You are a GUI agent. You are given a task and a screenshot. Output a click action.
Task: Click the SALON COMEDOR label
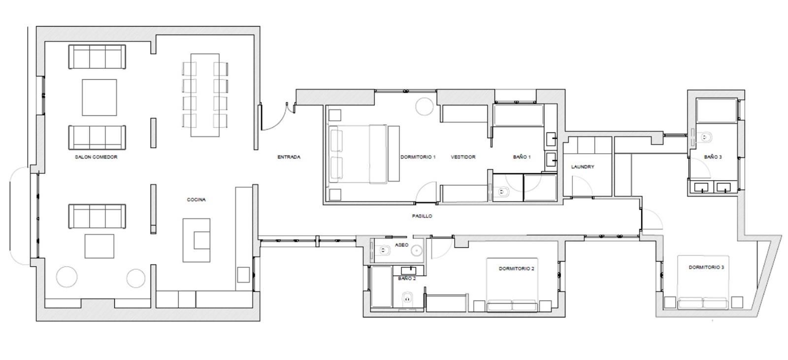[x=96, y=157]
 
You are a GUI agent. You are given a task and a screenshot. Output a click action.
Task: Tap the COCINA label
[x=197, y=199]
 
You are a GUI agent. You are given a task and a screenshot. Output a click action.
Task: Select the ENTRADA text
[x=289, y=157]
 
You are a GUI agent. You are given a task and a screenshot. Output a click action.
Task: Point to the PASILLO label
[x=422, y=216]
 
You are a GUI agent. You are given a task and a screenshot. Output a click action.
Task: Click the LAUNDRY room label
[x=583, y=167]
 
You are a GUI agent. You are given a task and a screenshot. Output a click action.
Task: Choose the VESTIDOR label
[x=463, y=157]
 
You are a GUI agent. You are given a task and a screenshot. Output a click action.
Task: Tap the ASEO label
[x=402, y=245]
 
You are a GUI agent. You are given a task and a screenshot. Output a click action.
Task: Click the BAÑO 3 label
[x=713, y=157]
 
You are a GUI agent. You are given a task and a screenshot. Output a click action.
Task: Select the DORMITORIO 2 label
[x=517, y=268]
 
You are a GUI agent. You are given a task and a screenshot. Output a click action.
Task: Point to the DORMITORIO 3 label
[x=706, y=267]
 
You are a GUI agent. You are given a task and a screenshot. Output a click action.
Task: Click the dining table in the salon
[x=205, y=95]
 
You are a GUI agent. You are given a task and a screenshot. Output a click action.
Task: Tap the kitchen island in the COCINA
[x=197, y=240]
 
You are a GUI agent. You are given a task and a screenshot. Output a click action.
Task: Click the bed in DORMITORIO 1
[x=364, y=154]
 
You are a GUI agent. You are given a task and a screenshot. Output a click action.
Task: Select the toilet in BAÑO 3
[x=705, y=137]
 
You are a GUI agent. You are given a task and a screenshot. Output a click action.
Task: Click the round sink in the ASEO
[x=417, y=251]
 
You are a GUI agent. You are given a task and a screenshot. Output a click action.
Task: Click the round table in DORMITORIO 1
[x=425, y=106]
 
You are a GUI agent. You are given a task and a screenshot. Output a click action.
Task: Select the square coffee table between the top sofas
[x=99, y=98]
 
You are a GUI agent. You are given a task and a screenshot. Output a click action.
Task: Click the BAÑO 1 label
[x=522, y=157]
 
